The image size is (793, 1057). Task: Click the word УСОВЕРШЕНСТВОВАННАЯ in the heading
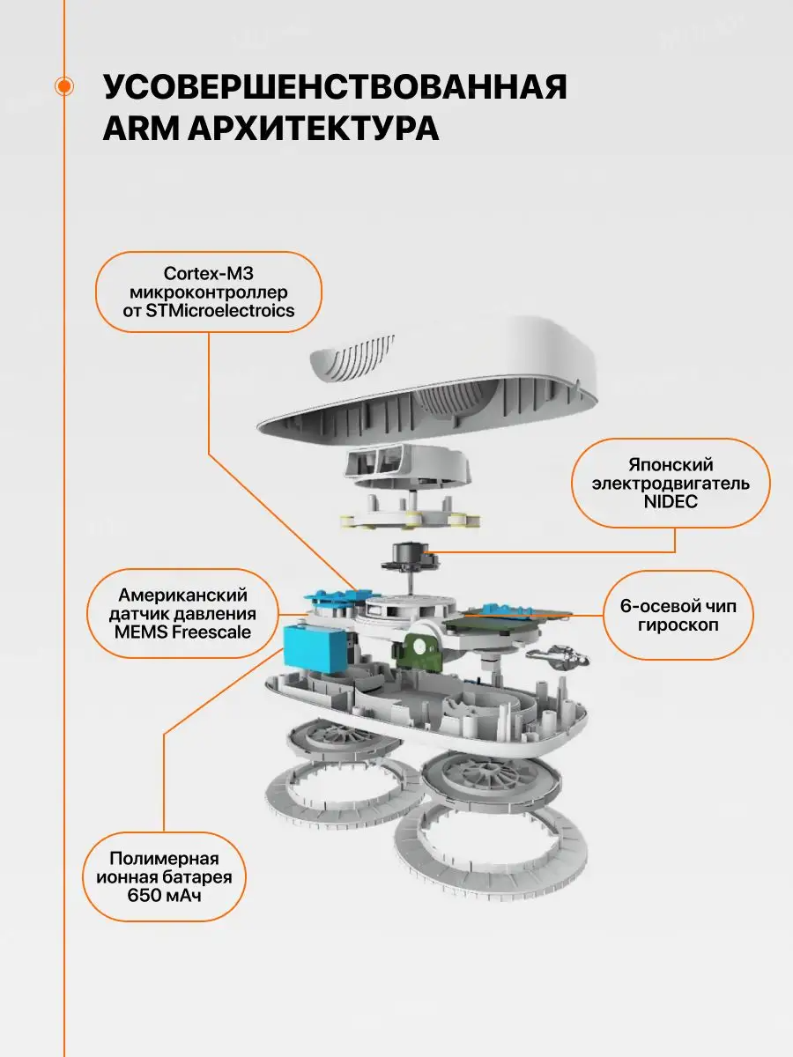pyautogui.click(x=335, y=90)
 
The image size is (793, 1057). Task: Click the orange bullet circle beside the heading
pyautogui.click(x=63, y=85)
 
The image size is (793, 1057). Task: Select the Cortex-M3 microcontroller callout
pyautogui.click(x=209, y=292)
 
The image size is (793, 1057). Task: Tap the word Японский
pyautogui.click(x=671, y=464)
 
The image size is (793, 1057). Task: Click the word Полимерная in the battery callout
pyautogui.click(x=164, y=859)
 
